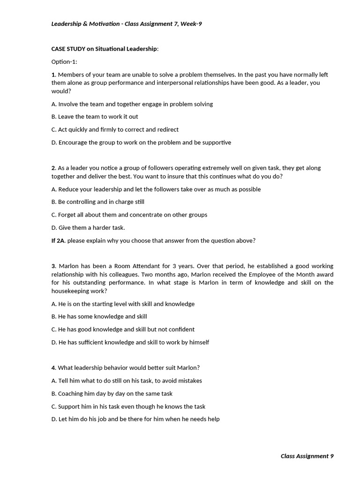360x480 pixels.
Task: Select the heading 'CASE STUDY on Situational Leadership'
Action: pyautogui.click(x=105, y=49)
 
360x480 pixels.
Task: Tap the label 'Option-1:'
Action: pyautogui.click(x=64, y=61)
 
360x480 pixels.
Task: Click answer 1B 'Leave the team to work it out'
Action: pyautogui.click(x=95, y=117)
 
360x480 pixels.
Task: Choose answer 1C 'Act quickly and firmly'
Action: pyautogui.click(x=115, y=129)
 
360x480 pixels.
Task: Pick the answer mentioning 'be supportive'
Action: pyautogui.click(x=141, y=142)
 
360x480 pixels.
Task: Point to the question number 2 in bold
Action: pyautogui.click(x=53, y=168)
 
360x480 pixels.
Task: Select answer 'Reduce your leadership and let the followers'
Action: pyautogui.click(x=156, y=189)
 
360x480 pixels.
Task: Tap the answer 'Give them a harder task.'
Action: pyautogui.click(x=88, y=228)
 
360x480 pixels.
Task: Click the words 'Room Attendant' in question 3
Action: pyautogui.click(x=127, y=266)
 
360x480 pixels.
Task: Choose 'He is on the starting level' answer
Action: pyautogui.click(x=123, y=304)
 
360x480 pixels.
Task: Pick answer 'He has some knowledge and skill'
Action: pyautogui.click(x=99, y=317)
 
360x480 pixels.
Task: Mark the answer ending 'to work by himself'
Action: pyautogui.click(x=130, y=343)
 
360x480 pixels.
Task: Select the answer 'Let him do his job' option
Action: pyautogui.click(x=135, y=419)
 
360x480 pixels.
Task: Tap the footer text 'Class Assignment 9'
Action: pyautogui.click(x=307, y=456)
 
